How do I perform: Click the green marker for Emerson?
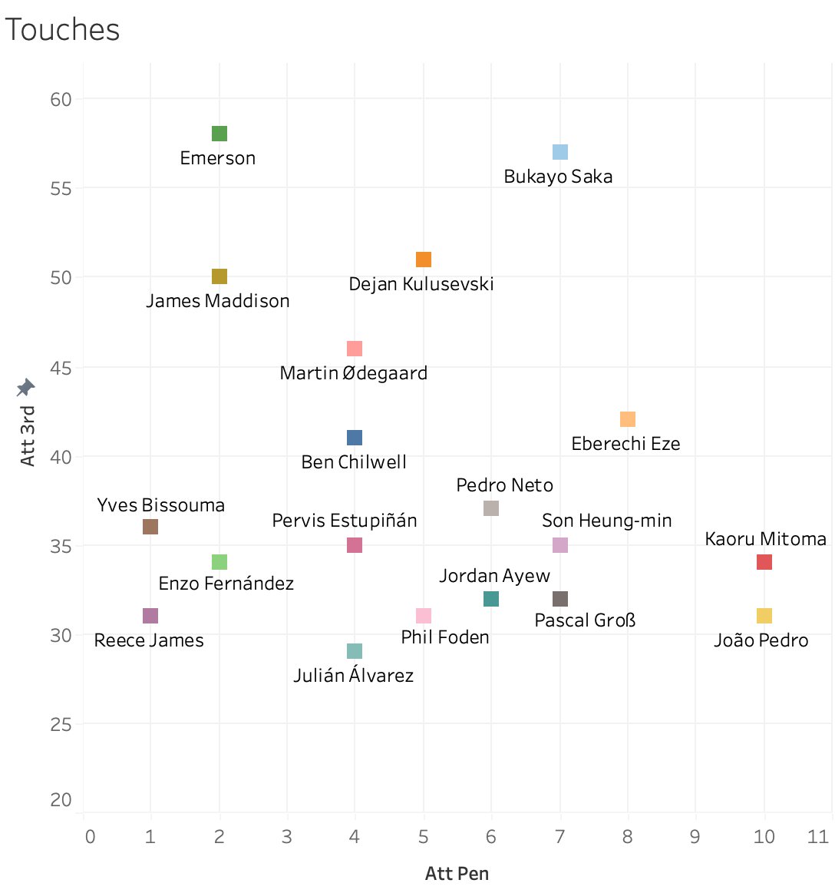tap(219, 134)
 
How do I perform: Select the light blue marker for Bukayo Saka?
tap(560, 152)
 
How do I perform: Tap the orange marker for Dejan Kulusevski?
tap(424, 260)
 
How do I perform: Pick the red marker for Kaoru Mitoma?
tap(764, 562)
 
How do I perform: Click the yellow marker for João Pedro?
tap(764, 616)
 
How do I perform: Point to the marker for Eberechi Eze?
tap(628, 419)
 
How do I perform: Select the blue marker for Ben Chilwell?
tap(355, 438)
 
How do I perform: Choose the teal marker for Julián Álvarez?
tap(355, 651)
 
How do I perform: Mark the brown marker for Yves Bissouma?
tap(150, 527)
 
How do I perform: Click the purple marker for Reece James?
tap(150, 616)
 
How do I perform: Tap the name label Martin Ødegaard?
tap(353, 373)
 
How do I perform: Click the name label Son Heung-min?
tap(606, 521)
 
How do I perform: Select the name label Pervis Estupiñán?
tap(345, 521)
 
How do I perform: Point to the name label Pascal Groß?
tap(585, 620)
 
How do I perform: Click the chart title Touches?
tap(63, 30)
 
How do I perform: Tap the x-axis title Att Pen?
tap(457, 873)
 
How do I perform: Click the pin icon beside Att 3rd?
tap(26, 388)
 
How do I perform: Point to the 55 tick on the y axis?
tap(61, 188)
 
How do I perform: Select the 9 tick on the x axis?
tap(695, 836)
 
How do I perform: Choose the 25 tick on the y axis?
tap(61, 724)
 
